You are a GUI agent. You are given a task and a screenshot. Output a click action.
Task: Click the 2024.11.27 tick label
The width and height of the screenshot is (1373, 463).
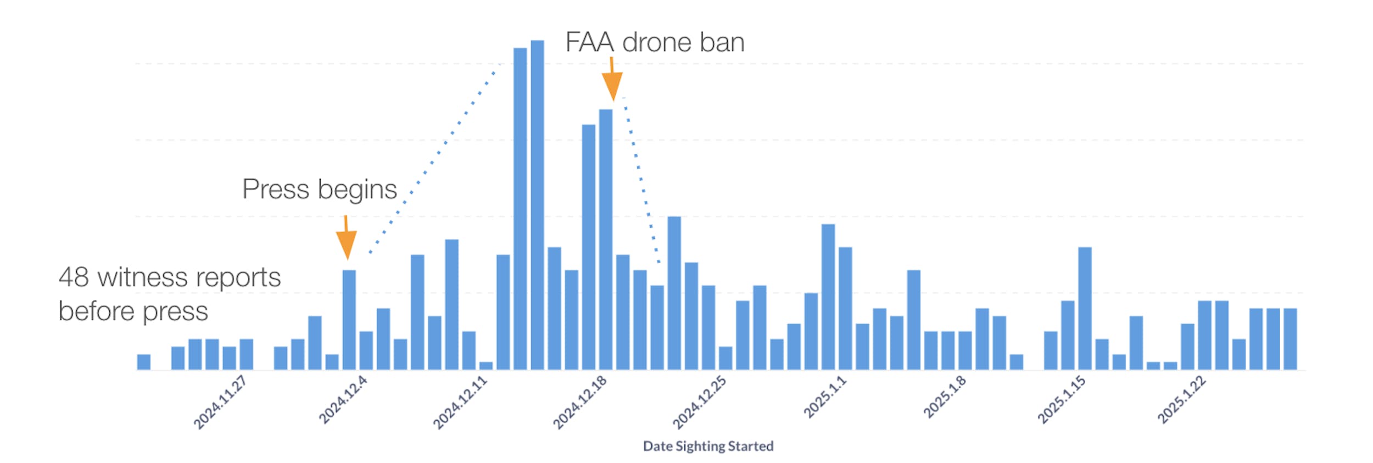(x=220, y=403)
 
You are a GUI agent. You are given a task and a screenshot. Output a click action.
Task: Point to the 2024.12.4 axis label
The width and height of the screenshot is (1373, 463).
(x=343, y=400)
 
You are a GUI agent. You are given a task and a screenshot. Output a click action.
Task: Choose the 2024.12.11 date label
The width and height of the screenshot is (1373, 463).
(x=460, y=403)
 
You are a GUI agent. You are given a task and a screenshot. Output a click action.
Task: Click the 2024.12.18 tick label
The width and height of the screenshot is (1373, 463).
(x=579, y=403)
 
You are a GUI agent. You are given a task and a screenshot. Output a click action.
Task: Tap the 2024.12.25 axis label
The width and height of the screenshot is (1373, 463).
(x=699, y=403)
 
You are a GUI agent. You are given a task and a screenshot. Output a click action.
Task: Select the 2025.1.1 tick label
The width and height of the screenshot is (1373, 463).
(x=824, y=398)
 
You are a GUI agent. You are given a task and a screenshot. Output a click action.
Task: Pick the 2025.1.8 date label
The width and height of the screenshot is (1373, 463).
(x=944, y=398)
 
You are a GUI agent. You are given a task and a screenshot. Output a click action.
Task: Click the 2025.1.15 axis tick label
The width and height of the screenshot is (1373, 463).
(x=1061, y=400)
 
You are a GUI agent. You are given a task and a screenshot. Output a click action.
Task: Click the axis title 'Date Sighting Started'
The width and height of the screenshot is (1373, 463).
(x=708, y=446)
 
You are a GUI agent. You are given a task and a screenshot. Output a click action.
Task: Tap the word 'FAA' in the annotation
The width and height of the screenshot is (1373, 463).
(x=589, y=42)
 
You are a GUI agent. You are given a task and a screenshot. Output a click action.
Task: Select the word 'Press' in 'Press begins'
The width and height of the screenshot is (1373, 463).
(x=276, y=189)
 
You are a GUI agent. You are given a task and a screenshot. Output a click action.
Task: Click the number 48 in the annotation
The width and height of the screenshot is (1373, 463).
(x=74, y=277)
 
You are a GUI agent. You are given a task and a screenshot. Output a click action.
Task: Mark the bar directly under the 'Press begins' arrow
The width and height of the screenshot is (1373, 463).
(x=349, y=320)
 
